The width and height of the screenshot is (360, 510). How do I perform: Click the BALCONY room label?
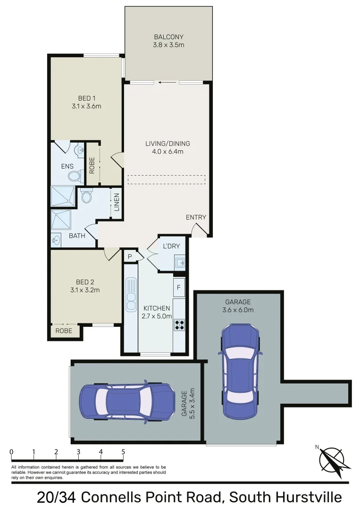(168, 37)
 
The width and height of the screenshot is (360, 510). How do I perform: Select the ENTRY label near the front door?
(196, 217)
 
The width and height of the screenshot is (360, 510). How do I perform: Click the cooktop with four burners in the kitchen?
(179, 324)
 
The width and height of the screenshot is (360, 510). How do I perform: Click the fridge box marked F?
(179, 287)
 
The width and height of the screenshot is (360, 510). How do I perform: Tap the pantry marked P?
(130, 256)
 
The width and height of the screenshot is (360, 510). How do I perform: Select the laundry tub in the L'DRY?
(180, 261)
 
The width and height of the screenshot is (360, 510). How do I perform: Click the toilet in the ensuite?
(74, 176)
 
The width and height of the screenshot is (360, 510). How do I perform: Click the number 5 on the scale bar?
(123, 452)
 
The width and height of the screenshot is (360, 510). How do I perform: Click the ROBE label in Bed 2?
(64, 331)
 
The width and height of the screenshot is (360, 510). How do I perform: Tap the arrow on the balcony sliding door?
(166, 82)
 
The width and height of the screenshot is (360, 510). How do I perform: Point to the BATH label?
(77, 235)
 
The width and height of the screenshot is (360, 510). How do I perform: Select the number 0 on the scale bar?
(11, 452)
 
